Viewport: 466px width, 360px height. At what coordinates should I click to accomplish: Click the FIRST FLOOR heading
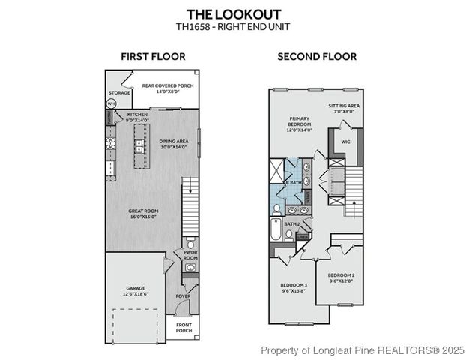pyautogui.click(x=153, y=56)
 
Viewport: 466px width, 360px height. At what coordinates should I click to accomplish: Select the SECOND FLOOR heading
pyautogui.click(x=317, y=56)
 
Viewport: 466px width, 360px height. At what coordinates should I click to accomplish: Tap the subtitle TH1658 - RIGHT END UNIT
pyautogui.click(x=232, y=27)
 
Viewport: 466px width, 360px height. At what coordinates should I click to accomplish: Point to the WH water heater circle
pyautogui.click(x=112, y=103)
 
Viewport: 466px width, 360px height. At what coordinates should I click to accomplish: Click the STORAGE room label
pyautogui.click(x=118, y=92)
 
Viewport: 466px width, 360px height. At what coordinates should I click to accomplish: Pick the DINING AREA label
pyautogui.click(x=174, y=142)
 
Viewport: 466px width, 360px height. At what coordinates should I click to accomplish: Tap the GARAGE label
pyautogui.click(x=135, y=289)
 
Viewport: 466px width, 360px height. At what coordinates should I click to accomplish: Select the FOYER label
pyautogui.click(x=183, y=296)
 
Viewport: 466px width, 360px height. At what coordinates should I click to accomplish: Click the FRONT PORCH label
pyautogui.click(x=183, y=328)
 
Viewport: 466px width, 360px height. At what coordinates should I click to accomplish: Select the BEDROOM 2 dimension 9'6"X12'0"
pyautogui.click(x=342, y=281)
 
